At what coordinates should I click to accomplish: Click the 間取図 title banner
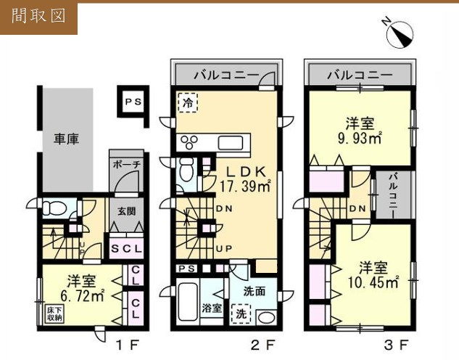coord(39,17)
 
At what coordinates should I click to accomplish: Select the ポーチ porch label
coord(126,165)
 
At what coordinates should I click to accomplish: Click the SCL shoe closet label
coord(127,249)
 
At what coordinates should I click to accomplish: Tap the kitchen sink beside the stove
coord(233,142)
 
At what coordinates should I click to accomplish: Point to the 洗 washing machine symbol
coord(238,314)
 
